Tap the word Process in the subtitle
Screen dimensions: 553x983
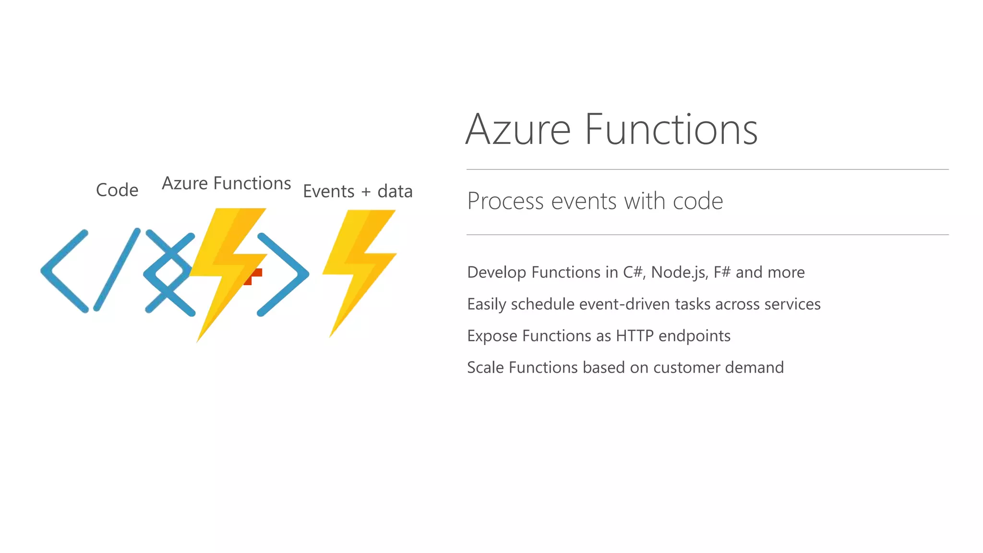click(x=506, y=201)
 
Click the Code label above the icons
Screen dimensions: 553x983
click(x=117, y=190)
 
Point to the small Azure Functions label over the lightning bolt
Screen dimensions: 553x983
click(x=226, y=183)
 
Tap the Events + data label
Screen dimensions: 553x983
click(x=358, y=192)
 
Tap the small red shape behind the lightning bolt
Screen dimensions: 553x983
click(x=255, y=275)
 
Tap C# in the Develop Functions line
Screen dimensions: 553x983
click(x=634, y=273)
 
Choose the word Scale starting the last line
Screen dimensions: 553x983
click(x=485, y=368)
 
